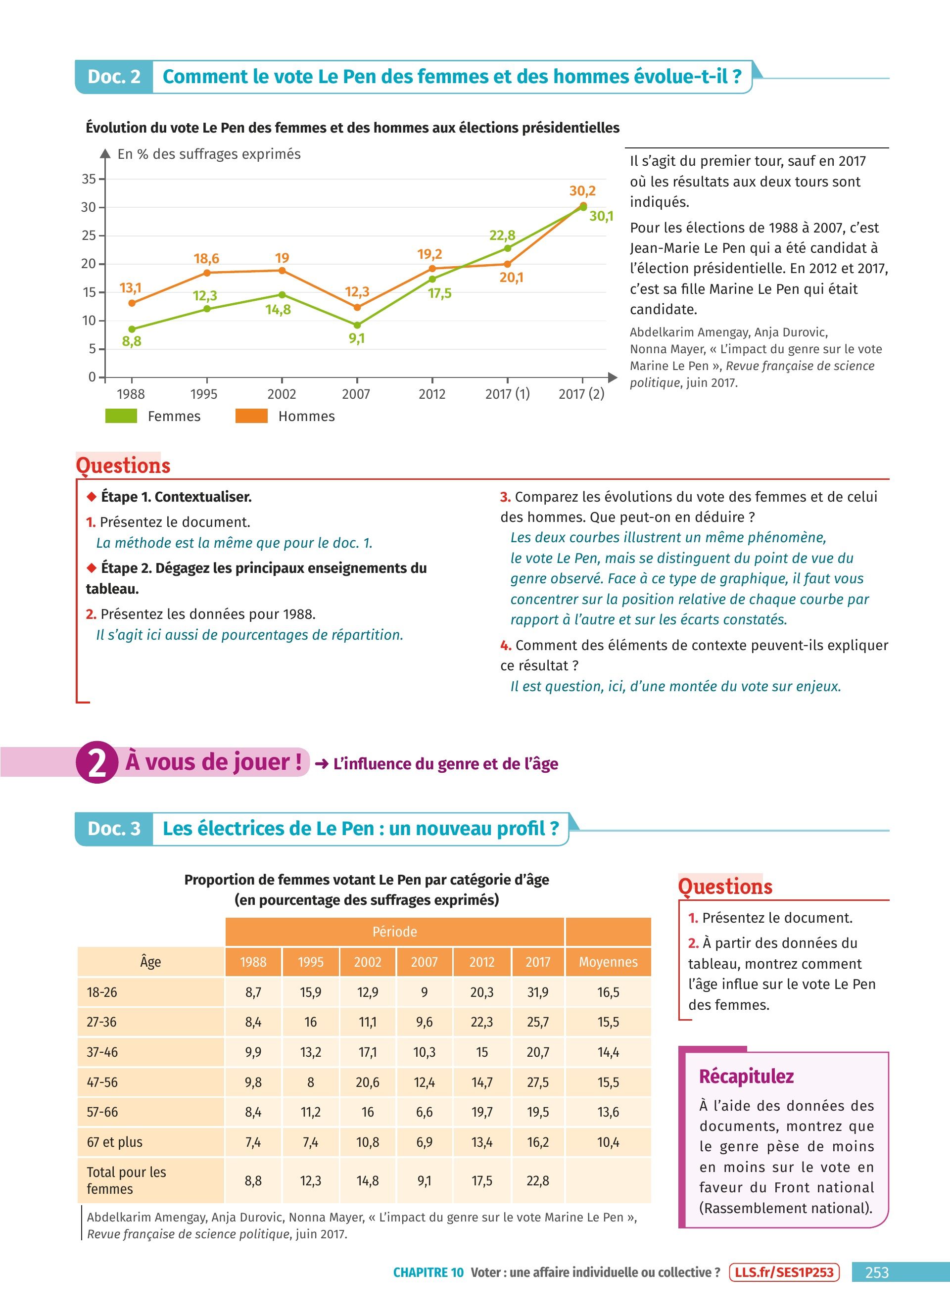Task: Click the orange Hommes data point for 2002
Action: pyautogui.click(x=282, y=271)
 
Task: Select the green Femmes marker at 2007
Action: pyautogui.click(x=357, y=326)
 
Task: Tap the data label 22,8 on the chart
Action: pyautogui.click(x=502, y=235)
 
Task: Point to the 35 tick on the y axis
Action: pyautogui.click(x=89, y=179)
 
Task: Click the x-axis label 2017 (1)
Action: pyautogui.click(x=508, y=394)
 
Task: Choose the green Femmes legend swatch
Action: pyautogui.click(x=121, y=416)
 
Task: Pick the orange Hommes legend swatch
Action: pyautogui.click(x=251, y=416)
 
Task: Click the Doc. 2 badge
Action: pyautogui.click(x=114, y=77)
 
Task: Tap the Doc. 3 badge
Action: pyautogui.click(x=114, y=829)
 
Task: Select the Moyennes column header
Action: pyautogui.click(x=608, y=962)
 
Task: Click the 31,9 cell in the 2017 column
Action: pyautogui.click(x=537, y=992)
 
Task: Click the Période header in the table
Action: pyautogui.click(x=394, y=932)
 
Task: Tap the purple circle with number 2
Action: pyautogui.click(x=97, y=762)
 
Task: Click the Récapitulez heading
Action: pyautogui.click(x=746, y=1077)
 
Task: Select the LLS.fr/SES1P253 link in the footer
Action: pyautogui.click(x=784, y=1272)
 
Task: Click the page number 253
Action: pyautogui.click(x=876, y=1272)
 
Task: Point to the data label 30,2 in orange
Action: pyautogui.click(x=583, y=190)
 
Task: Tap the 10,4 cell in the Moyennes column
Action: pyautogui.click(x=608, y=1142)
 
